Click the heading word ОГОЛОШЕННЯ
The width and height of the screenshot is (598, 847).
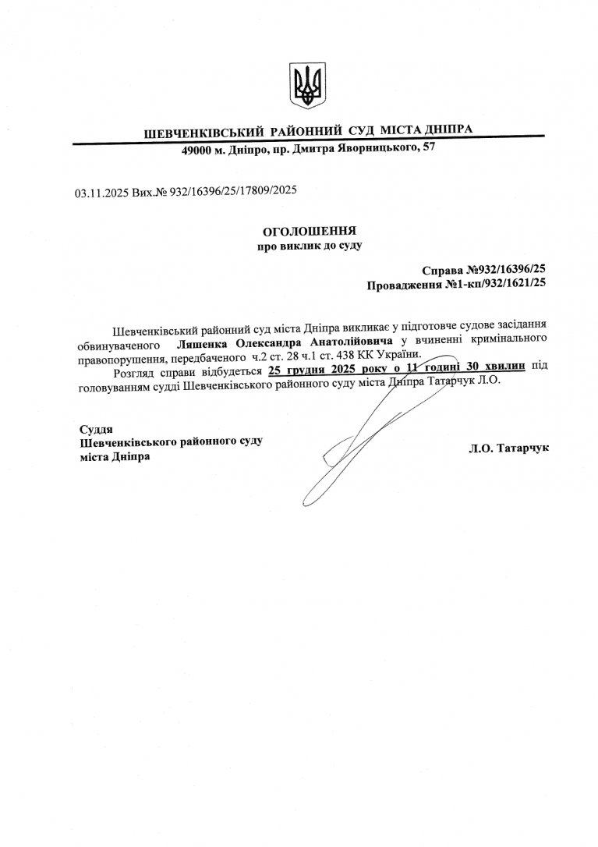pos(310,231)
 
